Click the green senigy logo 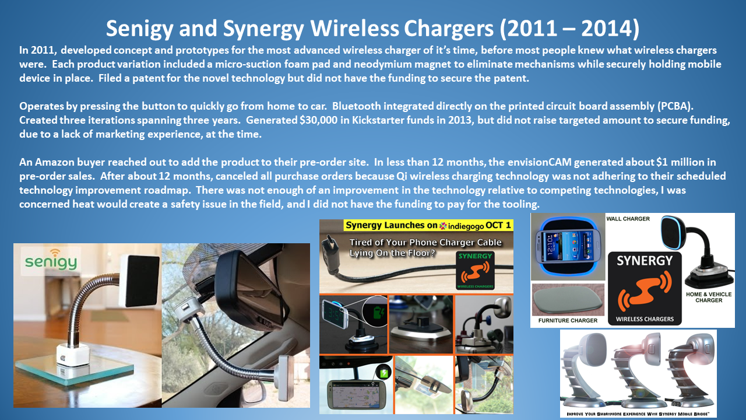51,260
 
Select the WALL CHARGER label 628,219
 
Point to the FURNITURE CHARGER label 568,320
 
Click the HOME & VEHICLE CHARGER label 708,297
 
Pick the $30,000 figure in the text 318,120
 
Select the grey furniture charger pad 568,300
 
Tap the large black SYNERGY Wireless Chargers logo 645,289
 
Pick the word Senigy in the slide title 139,29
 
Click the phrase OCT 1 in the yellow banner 498,226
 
